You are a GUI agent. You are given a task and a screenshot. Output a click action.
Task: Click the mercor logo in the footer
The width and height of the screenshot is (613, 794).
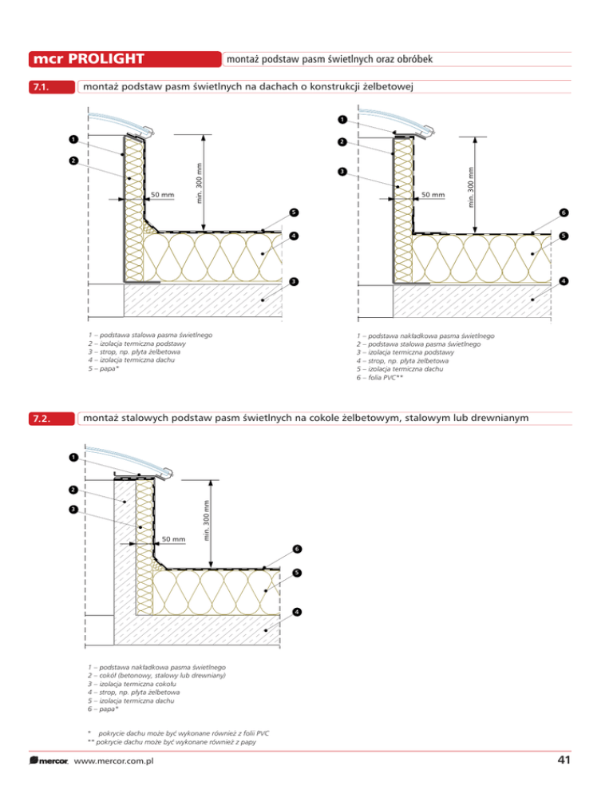[48, 761]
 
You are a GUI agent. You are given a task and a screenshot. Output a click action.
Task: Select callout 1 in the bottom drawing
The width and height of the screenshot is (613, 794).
[73, 457]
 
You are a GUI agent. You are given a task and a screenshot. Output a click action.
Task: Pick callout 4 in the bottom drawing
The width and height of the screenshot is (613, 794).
[296, 612]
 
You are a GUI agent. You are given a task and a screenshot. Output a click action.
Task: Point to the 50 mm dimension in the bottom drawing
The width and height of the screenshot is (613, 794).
[173, 539]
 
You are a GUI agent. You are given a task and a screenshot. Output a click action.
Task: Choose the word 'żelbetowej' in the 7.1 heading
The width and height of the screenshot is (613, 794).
[388, 86]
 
